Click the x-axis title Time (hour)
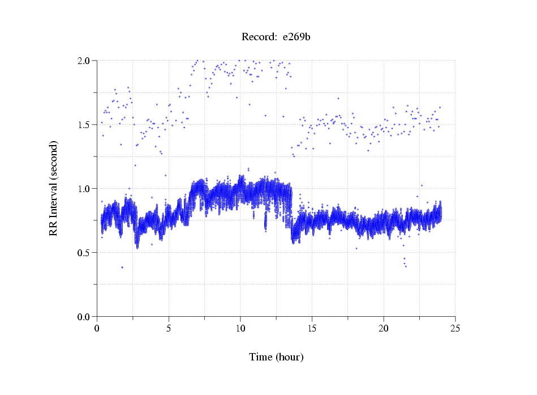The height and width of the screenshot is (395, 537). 276,357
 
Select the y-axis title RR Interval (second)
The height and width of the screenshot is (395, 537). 53,188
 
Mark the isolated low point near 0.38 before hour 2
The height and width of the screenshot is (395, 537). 122,267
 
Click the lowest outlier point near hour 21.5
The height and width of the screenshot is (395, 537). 406,266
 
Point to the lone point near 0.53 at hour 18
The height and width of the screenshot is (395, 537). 356,248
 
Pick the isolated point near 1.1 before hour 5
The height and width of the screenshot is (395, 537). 166,175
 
